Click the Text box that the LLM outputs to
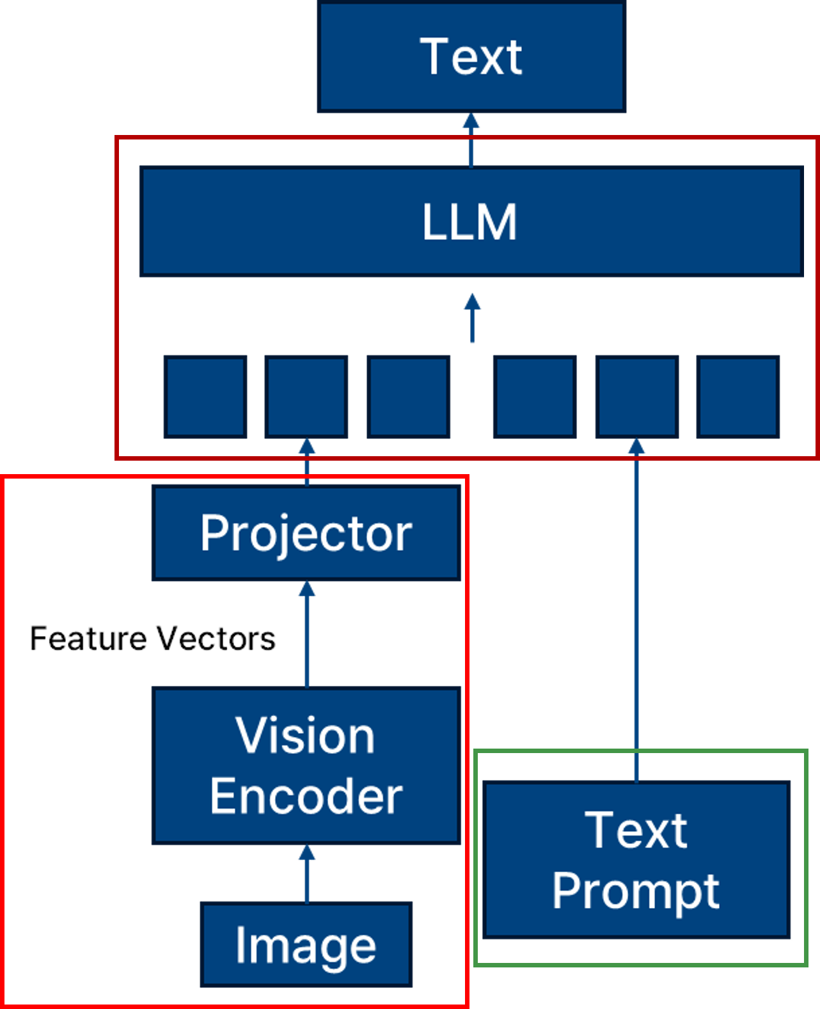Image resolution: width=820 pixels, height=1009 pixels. [471, 58]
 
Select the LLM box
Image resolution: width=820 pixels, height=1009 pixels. [471, 221]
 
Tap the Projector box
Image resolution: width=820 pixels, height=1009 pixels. [306, 533]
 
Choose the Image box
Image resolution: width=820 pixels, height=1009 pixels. [306, 945]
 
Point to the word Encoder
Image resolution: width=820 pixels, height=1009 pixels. [306, 796]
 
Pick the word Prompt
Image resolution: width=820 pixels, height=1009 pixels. [636, 891]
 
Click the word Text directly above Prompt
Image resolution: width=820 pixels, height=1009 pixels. [636, 830]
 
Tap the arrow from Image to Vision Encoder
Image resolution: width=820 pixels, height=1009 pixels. [307, 874]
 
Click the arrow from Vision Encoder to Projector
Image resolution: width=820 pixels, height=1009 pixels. [307, 633]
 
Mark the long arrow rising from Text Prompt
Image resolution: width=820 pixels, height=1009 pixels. [636, 608]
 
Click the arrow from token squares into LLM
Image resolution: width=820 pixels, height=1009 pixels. [472, 318]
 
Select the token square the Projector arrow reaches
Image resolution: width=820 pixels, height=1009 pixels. [307, 397]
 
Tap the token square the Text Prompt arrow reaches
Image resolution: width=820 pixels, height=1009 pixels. [636, 397]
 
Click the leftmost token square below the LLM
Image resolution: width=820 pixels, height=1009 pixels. [205, 397]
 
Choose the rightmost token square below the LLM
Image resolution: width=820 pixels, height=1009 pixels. [738, 397]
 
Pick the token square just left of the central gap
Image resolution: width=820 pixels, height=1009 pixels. [409, 397]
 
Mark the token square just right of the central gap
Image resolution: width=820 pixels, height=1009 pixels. [535, 397]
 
